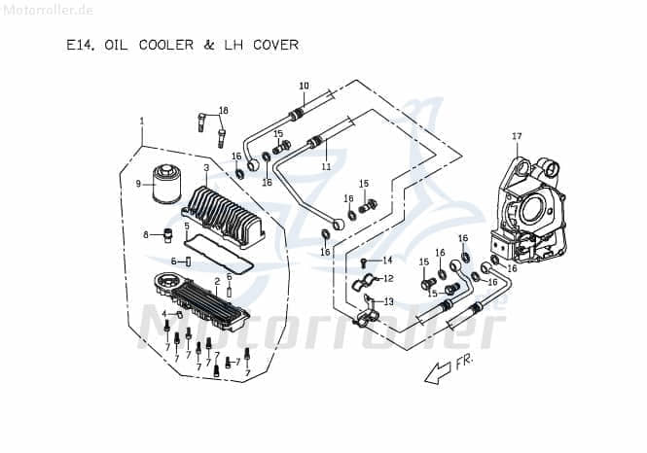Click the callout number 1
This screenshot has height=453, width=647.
point(142,121)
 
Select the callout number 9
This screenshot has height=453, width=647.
point(138,183)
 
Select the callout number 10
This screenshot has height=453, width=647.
point(303,86)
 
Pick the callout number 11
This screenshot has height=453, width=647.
point(327,167)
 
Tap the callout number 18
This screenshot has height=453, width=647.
point(223,110)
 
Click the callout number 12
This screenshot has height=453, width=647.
point(388,279)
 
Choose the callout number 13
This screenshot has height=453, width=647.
point(388,302)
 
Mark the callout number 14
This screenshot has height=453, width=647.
point(387,260)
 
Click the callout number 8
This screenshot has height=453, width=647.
point(146,234)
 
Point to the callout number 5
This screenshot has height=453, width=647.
point(187,226)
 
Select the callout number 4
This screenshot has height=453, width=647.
point(165,315)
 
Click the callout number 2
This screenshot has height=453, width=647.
point(206,281)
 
